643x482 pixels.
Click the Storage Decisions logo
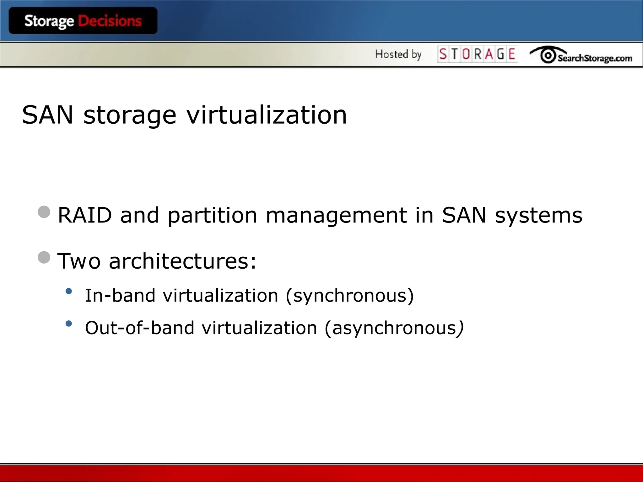83,21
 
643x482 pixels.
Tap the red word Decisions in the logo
110,21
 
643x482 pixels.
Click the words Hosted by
398,54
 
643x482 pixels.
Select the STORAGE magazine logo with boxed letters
477,54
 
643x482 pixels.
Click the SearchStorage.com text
595,58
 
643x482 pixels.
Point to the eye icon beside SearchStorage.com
548,56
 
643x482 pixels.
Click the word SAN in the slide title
48,115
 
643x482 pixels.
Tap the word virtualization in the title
267,115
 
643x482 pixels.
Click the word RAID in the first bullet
85,215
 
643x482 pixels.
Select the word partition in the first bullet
213,215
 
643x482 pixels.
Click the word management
336,215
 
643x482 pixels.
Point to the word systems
538,215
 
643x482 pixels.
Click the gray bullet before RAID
44,212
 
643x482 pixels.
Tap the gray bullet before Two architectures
44,257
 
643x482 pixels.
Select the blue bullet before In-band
69,291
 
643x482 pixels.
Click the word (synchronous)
350,296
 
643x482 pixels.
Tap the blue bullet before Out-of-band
69,324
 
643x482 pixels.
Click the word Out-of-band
140,328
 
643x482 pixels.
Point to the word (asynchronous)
394,328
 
